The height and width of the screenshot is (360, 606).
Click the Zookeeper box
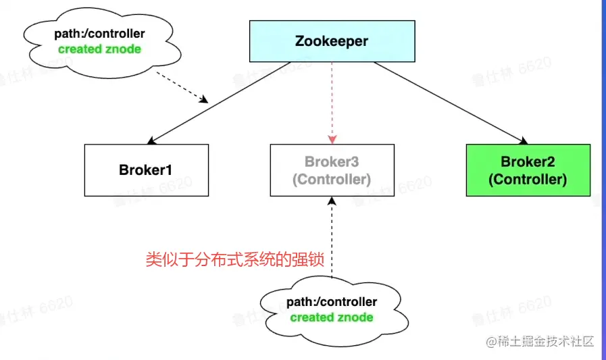coord(331,41)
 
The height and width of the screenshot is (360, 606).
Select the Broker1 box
coord(147,170)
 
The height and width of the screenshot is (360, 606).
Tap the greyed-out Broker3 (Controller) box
coord(331,170)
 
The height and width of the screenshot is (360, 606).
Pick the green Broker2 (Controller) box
coord(528,170)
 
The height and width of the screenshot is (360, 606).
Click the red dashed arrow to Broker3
coord(332,101)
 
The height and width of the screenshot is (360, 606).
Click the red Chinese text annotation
coord(241,260)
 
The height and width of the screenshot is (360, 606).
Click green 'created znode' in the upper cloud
coord(100,49)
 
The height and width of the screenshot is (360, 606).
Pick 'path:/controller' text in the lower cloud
coord(332,302)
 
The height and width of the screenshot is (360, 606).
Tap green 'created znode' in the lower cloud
coord(332,317)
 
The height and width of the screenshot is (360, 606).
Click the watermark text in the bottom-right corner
coord(540,342)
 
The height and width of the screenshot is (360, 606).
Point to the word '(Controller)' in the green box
coord(528,180)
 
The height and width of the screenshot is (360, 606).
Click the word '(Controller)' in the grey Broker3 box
coord(331,180)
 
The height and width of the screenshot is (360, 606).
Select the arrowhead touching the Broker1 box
coord(151,140)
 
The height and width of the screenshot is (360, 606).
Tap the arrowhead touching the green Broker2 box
coord(523,140)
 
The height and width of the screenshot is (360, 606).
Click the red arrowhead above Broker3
coord(332,139)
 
